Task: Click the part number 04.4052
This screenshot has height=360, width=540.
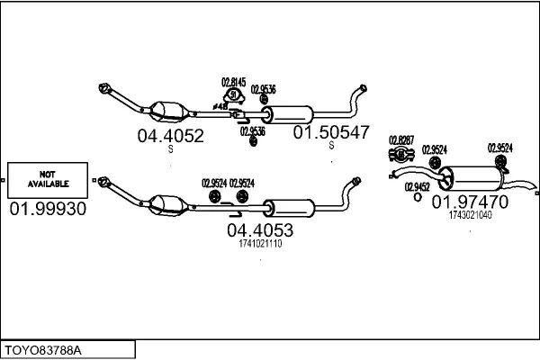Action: tap(170, 136)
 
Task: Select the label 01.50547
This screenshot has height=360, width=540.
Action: tap(331, 132)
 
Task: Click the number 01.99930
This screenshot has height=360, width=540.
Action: tap(49, 209)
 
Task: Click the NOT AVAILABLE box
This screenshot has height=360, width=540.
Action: tap(49, 180)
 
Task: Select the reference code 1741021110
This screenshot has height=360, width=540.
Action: tap(260, 244)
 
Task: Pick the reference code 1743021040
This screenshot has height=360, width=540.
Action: tap(470, 214)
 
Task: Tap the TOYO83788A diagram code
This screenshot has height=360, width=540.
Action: tap(44, 348)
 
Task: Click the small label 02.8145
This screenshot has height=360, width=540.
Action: tap(234, 82)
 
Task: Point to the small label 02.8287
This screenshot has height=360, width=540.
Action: tap(401, 139)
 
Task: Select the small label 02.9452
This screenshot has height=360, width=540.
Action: tap(417, 186)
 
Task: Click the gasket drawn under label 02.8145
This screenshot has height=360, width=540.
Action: tap(234, 95)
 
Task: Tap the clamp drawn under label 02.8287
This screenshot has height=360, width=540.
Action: tap(400, 153)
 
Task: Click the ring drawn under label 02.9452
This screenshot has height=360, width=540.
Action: tap(417, 198)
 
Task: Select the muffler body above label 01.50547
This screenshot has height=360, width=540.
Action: tap(290, 113)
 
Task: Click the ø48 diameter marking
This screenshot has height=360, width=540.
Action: tap(219, 106)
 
